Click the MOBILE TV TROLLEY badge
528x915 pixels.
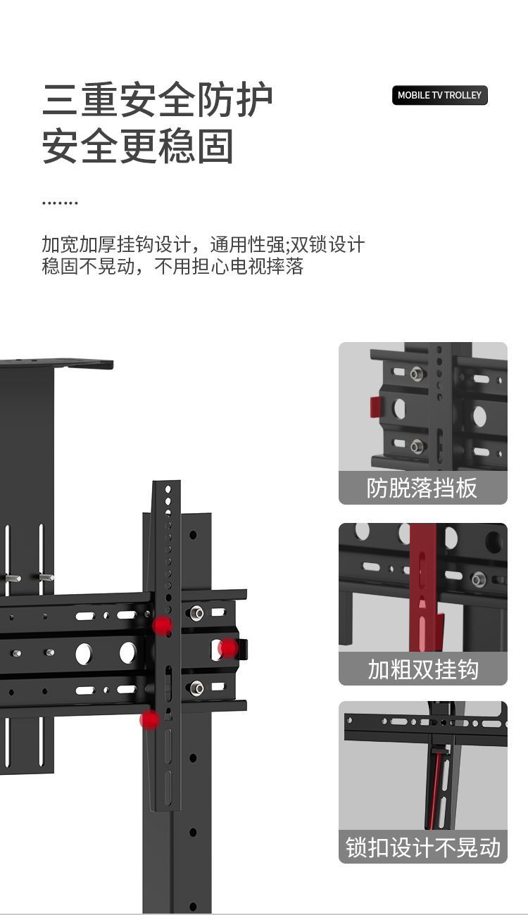[x=439, y=95]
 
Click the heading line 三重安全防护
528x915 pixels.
[x=157, y=100]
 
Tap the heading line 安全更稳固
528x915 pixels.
[x=137, y=146]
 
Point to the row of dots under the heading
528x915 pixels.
[x=60, y=203]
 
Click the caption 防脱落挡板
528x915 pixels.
[x=422, y=488]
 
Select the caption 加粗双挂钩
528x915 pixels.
[x=422, y=669]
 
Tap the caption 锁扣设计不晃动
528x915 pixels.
[x=422, y=847]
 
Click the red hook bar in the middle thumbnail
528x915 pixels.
[x=423, y=570]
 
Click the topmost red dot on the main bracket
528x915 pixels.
[x=163, y=625]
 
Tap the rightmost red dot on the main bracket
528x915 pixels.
[x=227, y=648]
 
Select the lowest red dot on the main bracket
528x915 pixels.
[x=150, y=719]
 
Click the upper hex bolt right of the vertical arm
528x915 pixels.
[x=197, y=613]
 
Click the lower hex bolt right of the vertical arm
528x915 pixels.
[x=197, y=687]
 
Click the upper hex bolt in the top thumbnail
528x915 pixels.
[x=417, y=373]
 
